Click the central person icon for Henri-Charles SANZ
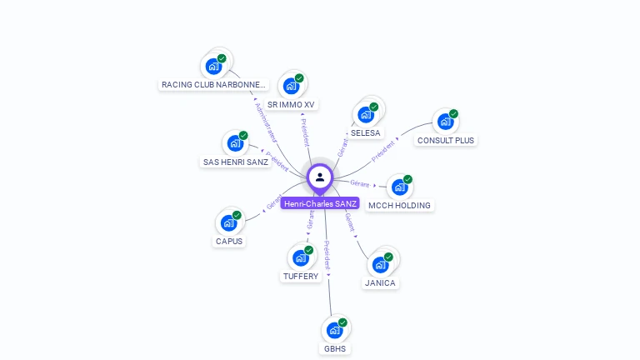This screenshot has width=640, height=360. (320, 177)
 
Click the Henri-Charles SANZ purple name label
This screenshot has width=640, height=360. (320, 203)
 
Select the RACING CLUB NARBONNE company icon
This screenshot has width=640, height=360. (213, 65)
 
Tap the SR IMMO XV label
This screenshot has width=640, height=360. (291, 105)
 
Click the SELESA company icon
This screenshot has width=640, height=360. (365, 114)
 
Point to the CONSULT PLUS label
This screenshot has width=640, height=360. (446, 140)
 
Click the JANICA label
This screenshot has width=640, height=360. (380, 283)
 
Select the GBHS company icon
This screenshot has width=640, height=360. (334, 330)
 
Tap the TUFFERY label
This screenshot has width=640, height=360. (301, 276)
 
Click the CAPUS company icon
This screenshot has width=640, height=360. (228, 222)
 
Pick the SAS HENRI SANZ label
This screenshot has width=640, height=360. (236, 162)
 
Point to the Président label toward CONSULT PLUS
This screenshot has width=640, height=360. (383, 151)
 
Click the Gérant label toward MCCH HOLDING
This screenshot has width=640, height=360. (359, 183)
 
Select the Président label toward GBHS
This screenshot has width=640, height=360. (327, 255)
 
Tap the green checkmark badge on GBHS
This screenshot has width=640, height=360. (342, 322)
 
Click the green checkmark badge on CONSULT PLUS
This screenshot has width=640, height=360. (453, 113)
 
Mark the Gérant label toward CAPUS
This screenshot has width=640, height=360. (274, 202)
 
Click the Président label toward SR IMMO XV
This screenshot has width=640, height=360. (304, 132)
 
